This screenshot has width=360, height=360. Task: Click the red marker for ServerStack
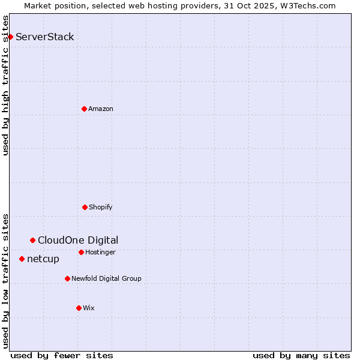[x=10, y=37]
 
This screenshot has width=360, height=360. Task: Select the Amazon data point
[x=84, y=109]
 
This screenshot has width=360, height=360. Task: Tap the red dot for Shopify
[x=85, y=207]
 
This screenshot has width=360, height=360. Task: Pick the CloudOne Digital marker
[x=32, y=240]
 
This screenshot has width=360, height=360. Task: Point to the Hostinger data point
[x=81, y=252]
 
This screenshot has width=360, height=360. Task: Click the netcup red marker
[x=22, y=259]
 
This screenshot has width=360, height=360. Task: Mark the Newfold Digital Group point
[x=67, y=278]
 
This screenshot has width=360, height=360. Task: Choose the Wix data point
[x=79, y=308]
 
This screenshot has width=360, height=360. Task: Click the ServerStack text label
[x=45, y=37]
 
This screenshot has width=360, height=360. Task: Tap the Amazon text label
[x=101, y=109]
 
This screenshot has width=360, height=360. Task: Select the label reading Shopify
[x=101, y=208]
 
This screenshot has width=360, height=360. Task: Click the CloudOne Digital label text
[x=78, y=241]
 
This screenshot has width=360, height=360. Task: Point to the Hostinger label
[x=100, y=253]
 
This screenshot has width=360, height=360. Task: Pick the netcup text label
[x=43, y=259]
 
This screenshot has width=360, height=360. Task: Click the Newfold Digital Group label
[x=106, y=279]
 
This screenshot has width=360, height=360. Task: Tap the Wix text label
[x=89, y=308]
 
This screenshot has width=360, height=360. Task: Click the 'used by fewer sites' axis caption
[x=62, y=355]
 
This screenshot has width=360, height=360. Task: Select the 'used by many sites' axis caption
[x=301, y=355]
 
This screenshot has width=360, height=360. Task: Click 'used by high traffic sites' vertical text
[x=6, y=85]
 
